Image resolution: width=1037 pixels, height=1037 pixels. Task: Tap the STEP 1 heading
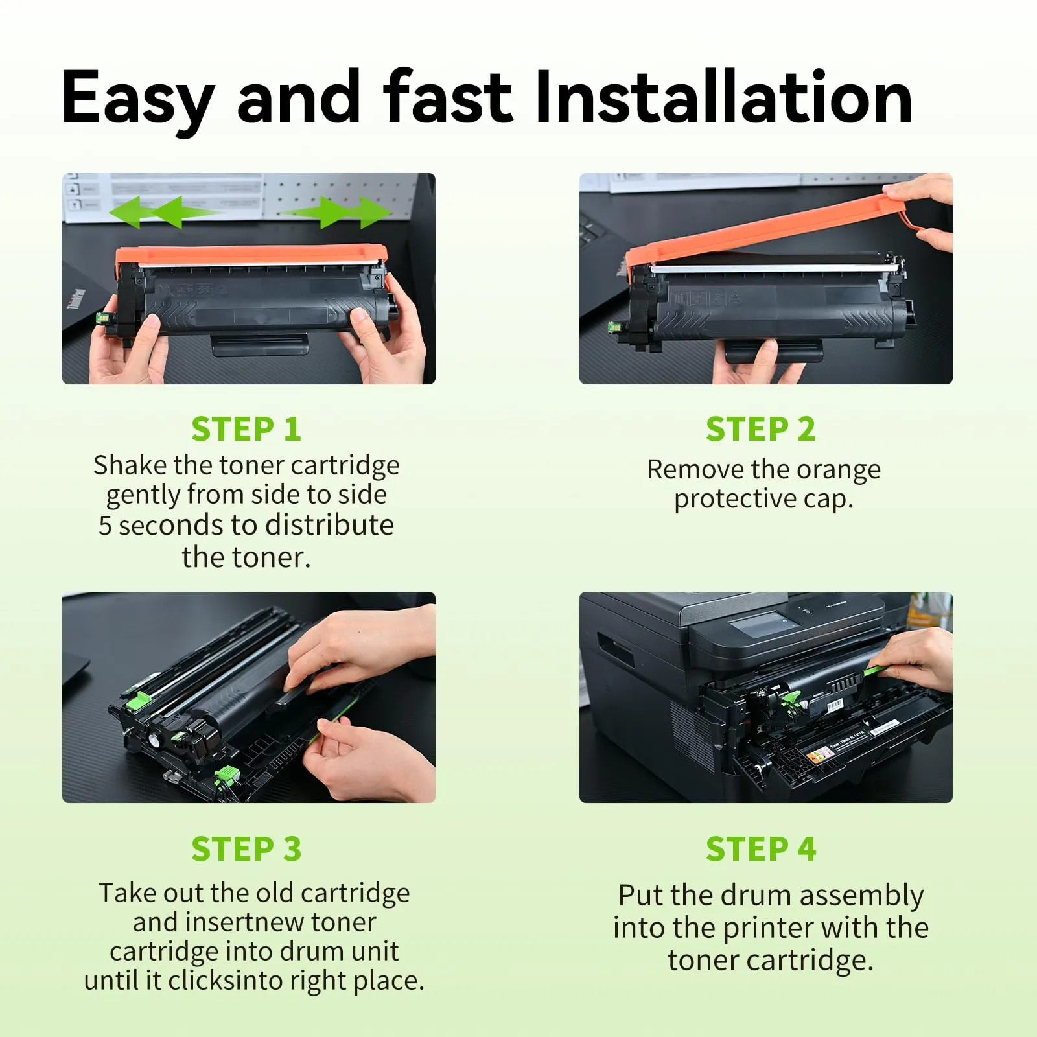pyautogui.click(x=246, y=429)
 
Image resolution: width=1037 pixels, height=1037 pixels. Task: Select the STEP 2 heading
pyautogui.click(x=761, y=429)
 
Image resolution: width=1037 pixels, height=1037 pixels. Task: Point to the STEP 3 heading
pyautogui.click(x=246, y=849)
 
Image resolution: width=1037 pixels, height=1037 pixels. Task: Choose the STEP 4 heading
pyautogui.click(x=761, y=849)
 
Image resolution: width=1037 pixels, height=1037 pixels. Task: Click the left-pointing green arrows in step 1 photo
pyautogui.click(x=165, y=212)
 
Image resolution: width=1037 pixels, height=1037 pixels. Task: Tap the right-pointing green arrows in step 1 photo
pyautogui.click(x=336, y=212)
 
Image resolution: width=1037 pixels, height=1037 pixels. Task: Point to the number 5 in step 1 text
pyautogui.click(x=105, y=526)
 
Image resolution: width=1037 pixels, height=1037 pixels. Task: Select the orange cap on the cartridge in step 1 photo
pyautogui.click(x=251, y=255)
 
